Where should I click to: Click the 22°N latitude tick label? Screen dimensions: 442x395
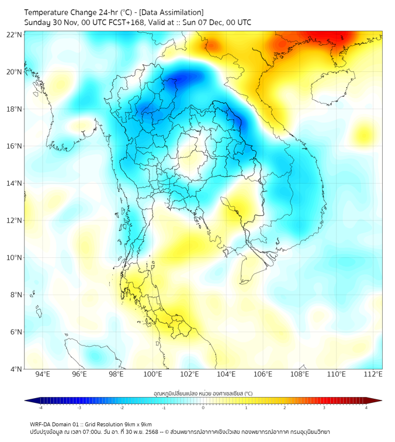point(15,35)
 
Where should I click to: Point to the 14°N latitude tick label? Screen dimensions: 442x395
point(15,184)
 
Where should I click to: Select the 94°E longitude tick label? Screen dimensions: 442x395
point(43,375)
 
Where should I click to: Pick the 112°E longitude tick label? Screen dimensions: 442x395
point(373,375)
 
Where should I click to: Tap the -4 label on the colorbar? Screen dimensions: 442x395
point(40,408)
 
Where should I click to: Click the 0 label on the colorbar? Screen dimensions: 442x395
point(203,408)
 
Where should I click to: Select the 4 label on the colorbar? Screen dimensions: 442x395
point(366,408)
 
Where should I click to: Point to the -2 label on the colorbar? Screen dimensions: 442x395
point(122,408)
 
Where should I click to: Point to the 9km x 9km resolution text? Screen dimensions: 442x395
point(136,424)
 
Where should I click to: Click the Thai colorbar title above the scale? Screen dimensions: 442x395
point(203,393)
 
